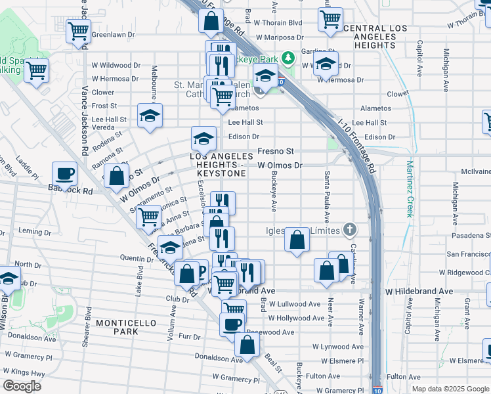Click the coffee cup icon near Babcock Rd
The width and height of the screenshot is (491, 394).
pos(64,173)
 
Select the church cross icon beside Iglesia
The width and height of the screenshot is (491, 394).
pos(351,230)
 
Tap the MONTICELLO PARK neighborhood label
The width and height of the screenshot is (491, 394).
pos(117,327)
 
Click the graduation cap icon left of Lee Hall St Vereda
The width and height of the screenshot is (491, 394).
pos(150,116)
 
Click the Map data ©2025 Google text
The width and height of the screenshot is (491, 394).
pos(450,389)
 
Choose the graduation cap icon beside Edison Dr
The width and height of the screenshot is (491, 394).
pos(203,139)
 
